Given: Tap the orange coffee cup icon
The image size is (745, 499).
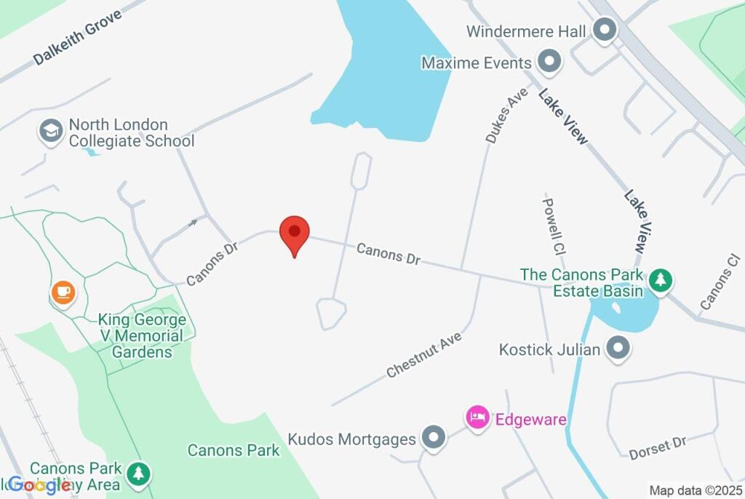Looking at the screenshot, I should (x=63, y=292).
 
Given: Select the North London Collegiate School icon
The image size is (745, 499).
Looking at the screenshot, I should (x=50, y=132).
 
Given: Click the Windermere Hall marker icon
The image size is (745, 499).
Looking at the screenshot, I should (x=603, y=31).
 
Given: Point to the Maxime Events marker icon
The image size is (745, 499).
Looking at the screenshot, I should (x=549, y=63).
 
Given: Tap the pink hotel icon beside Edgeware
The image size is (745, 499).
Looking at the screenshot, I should (x=477, y=418).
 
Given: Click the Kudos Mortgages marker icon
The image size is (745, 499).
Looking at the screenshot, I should (x=434, y=438).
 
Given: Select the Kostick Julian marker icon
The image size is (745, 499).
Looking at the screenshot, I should (x=618, y=349).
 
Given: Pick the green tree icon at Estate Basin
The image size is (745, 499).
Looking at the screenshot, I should (x=661, y=280).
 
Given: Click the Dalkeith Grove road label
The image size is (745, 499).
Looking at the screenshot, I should (x=78, y=41).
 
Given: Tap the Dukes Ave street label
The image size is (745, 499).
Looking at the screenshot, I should (x=500, y=116).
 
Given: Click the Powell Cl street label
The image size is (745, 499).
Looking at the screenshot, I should (x=554, y=227).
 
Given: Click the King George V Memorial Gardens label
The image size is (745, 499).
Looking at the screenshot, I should (x=142, y=336).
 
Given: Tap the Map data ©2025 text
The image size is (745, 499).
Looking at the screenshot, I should (x=696, y=490).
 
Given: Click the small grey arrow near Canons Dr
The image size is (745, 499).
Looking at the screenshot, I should (x=193, y=222).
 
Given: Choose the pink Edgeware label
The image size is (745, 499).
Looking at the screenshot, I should (x=530, y=420).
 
